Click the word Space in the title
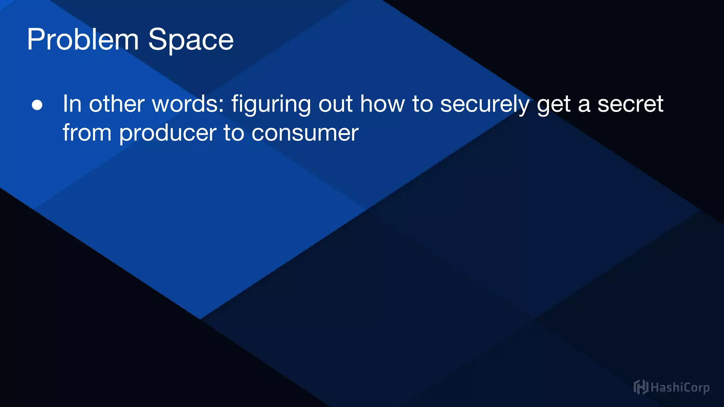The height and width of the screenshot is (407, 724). coord(191,40)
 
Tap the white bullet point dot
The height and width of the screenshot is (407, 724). coord(37,105)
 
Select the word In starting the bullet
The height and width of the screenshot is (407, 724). coord(72,104)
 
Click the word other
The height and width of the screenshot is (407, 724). coord(117,104)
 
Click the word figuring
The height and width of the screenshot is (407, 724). coord(271,105)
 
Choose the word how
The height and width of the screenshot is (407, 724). coord(382,104)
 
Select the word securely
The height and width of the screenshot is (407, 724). coord(485,105)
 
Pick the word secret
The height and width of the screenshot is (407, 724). coord(630,104)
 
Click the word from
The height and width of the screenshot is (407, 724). coord(87,133)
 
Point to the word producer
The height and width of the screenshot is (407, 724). coord(168,134)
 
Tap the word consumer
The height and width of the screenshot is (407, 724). coord(305,133)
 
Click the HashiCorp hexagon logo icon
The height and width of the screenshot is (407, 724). coord(641,387)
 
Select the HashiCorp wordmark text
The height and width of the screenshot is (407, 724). coord(680,388)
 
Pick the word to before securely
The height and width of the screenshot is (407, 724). coord(422,104)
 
